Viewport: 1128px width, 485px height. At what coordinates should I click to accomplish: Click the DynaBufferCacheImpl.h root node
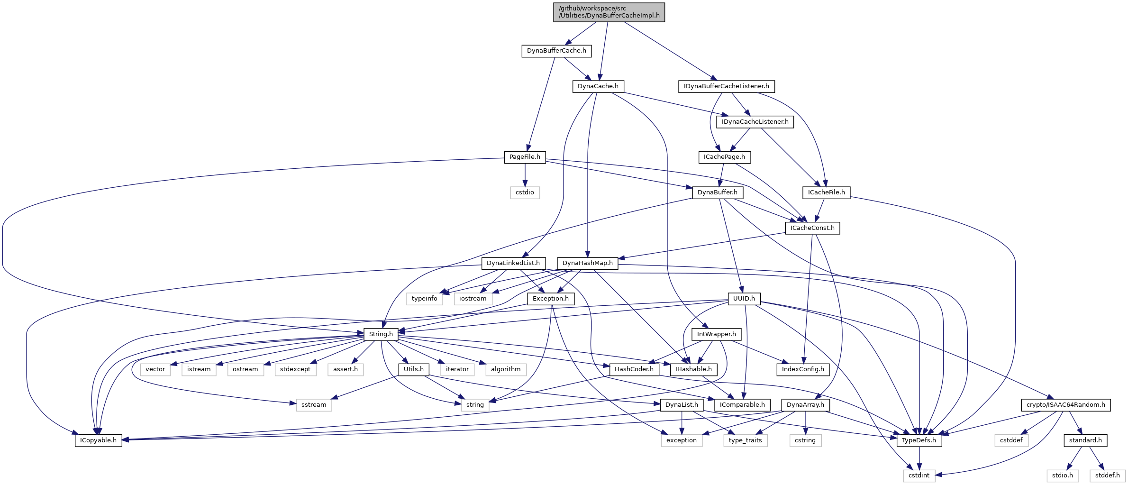pyautogui.click(x=609, y=12)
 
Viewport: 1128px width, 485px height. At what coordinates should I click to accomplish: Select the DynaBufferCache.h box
pyautogui.click(x=556, y=51)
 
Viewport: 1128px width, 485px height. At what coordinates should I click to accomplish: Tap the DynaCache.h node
pyautogui.click(x=598, y=86)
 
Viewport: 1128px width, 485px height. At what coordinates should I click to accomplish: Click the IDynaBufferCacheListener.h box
pyautogui.click(x=726, y=86)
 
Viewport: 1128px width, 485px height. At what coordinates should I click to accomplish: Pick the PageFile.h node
pyautogui.click(x=524, y=157)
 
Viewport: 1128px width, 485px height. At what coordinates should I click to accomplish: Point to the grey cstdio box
pyautogui.click(x=525, y=192)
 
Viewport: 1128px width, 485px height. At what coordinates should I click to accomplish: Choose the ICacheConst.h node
pyautogui.click(x=812, y=228)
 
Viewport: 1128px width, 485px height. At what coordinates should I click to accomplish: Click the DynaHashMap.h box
pyautogui.click(x=587, y=263)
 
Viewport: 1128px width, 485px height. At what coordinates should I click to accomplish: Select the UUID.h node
pyautogui.click(x=744, y=299)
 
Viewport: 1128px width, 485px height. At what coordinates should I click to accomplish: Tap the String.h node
pyautogui.click(x=381, y=334)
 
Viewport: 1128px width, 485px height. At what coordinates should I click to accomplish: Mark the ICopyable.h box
pyautogui.click(x=98, y=440)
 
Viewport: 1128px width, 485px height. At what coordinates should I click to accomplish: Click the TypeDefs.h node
pyautogui.click(x=919, y=440)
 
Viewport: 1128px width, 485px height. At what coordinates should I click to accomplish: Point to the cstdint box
pyautogui.click(x=919, y=476)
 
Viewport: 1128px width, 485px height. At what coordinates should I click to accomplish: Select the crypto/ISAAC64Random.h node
pyautogui.click(x=1065, y=405)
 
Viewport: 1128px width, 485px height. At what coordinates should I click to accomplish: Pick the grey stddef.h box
pyautogui.click(x=1107, y=476)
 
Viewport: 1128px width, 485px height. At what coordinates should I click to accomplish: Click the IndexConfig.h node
pyautogui.click(x=802, y=369)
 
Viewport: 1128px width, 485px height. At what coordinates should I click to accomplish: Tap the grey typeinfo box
pyautogui.click(x=424, y=299)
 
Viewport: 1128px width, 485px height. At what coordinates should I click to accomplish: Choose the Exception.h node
pyautogui.click(x=550, y=299)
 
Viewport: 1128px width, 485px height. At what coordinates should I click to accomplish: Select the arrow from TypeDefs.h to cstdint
pyautogui.click(x=919, y=458)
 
